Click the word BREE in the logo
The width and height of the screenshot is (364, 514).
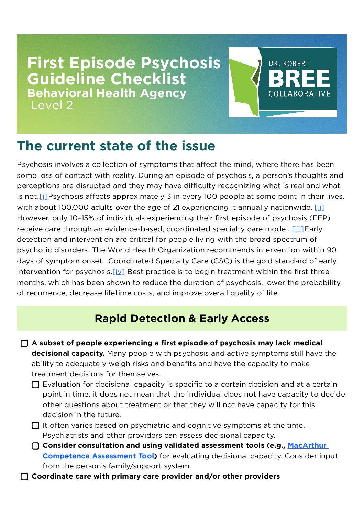(299, 79)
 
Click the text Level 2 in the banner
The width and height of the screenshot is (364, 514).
(52, 105)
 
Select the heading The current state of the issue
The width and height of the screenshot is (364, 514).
(116, 146)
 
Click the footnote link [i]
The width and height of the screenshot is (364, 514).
(44, 197)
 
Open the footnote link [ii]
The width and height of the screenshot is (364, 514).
(320, 207)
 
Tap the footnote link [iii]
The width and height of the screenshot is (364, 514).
(298, 229)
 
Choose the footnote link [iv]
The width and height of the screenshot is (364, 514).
(119, 272)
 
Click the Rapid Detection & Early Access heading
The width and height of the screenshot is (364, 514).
(182, 318)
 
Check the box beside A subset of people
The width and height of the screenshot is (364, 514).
(24, 344)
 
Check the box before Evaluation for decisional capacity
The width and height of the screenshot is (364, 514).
(35, 385)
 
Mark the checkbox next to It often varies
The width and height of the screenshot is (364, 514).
(35, 426)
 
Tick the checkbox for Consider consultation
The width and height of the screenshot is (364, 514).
(35, 446)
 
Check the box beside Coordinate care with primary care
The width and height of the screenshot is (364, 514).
(24, 477)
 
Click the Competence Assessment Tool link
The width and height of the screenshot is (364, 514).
(98, 456)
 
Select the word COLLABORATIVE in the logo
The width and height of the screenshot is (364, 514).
(299, 94)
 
